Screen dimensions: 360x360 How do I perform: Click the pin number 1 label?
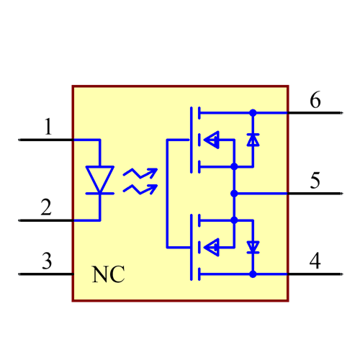point(48,128)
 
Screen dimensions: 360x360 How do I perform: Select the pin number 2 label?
point(46,208)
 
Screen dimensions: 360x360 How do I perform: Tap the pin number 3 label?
point(46,261)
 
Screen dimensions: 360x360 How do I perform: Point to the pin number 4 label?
point(315,261)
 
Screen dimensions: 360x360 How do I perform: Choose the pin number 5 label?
point(315,181)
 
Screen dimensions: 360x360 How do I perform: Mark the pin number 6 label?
point(315,100)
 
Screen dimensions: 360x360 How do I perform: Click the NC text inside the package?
point(108,274)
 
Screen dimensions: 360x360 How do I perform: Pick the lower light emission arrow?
point(140,189)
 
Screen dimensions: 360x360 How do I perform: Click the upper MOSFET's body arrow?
point(212,140)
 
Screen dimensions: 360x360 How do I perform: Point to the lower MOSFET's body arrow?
point(212,248)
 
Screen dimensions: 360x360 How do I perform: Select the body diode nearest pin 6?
point(253,140)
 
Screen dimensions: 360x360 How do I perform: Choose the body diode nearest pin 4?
point(253,247)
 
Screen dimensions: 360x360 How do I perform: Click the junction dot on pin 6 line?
point(253,113)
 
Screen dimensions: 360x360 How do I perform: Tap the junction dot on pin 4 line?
point(253,274)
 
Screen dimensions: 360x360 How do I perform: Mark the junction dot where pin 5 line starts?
point(234,194)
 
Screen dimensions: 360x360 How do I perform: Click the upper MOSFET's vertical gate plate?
point(191,140)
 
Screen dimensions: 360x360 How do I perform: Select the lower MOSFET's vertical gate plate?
point(191,248)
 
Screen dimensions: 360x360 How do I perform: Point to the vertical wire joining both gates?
point(167,194)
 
